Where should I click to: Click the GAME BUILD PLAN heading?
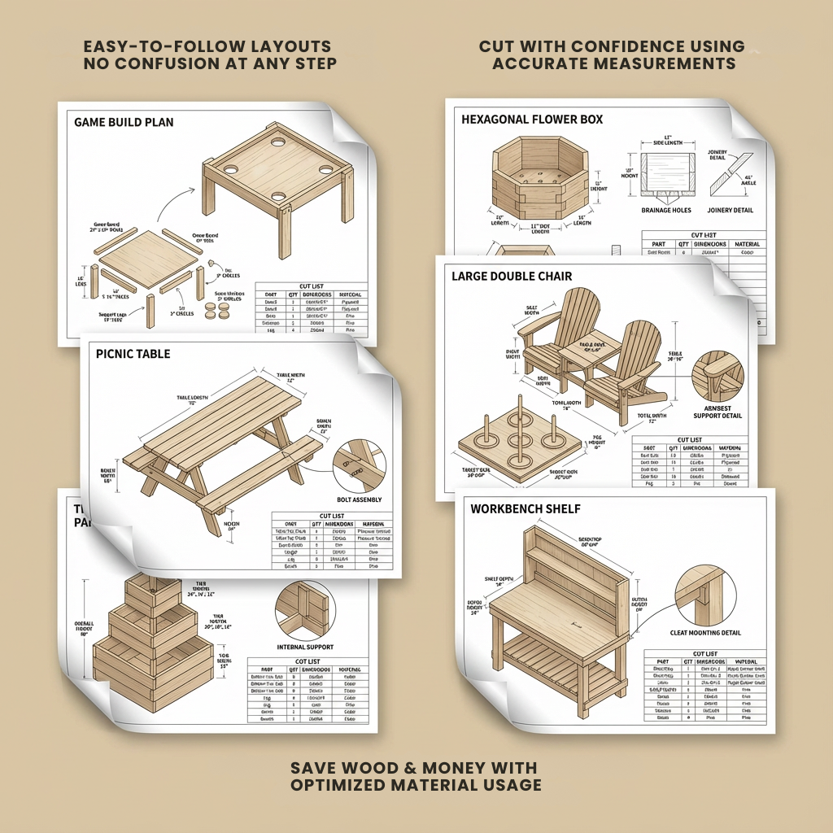pos(124,123)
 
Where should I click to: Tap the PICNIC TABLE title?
pos(133,355)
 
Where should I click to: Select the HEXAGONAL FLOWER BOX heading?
pos(532,120)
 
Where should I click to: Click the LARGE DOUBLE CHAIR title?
pos(512,277)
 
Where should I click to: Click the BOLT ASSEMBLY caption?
pos(359,499)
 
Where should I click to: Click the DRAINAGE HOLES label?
pos(666,211)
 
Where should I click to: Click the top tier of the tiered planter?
pos(153,596)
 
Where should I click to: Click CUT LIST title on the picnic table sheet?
pos(331,515)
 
